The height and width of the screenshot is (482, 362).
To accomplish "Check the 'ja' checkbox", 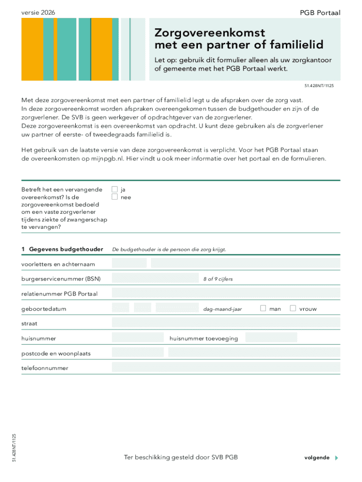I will pyautogui.click(x=114, y=189).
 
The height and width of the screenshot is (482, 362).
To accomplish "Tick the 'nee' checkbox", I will pyautogui.click(x=114, y=197).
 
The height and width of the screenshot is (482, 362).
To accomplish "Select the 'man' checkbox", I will pyautogui.click(x=263, y=308).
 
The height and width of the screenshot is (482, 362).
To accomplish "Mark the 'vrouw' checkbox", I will pyautogui.click(x=293, y=308).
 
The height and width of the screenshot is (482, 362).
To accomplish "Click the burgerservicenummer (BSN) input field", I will pyautogui.click(x=155, y=279).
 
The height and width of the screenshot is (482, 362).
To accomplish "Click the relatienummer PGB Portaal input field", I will pyautogui.click(x=226, y=293).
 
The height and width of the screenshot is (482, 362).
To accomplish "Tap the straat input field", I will pyautogui.click(x=226, y=323).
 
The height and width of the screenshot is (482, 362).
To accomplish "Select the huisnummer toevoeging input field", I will pyautogui.click(x=271, y=337).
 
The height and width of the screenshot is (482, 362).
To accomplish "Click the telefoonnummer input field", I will pyautogui.click(x=226, y=367).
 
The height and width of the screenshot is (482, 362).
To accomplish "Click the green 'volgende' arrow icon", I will pyautogui.click(x=336, y=458).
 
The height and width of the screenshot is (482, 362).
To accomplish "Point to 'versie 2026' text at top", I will pyautogui.click(x=38, y=13).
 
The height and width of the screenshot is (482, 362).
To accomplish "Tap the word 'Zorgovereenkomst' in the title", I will pyautogui.click(x=210, y=33).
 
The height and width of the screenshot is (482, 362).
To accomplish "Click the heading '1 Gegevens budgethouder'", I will pyautogui.click(x=62, y=249).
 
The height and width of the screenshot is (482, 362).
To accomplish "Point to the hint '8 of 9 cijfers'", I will pyautogui.click(x=218, y=279).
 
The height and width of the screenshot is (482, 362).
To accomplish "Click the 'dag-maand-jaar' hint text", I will pyautogui.click(x=222, y=309).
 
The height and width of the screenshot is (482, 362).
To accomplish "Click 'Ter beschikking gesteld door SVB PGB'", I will pyautogui.click(x=181, y=457).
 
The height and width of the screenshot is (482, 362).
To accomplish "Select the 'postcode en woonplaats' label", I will pyautogui.click(x=56, y=353).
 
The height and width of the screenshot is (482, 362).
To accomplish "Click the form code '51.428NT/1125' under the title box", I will pyautogui.click(x=320, y=86).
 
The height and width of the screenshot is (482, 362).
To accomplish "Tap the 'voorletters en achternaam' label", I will pyautogui.click(x=58, y=264).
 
